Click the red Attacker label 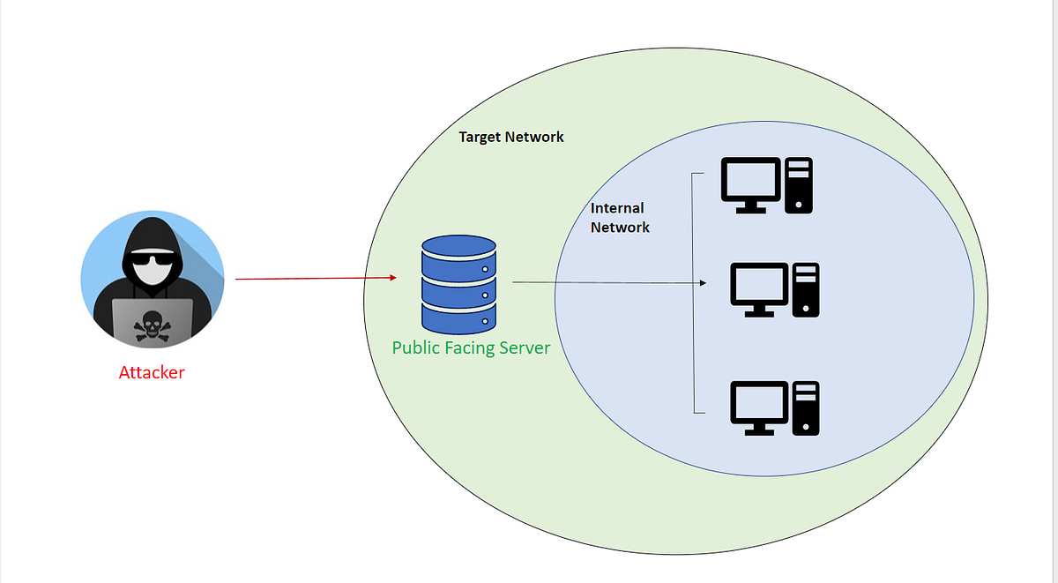click(x=152, y=372)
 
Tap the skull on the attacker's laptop click(x=152, y=326)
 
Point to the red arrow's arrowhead click(x=392, y=279)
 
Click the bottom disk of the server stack click(x=458, y=315)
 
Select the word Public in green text click(x=416, y=348)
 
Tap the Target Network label click(x=511, y=138)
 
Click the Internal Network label click(x=619, y=218)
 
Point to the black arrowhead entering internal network click(x=703, y=283)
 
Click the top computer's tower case click(x=800, y=185)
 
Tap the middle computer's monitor click(x=759, y=288)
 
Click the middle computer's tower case click(x=806, y=289)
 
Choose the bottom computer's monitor click(x=759, y=407)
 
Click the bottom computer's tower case click(x=806, y=407)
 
